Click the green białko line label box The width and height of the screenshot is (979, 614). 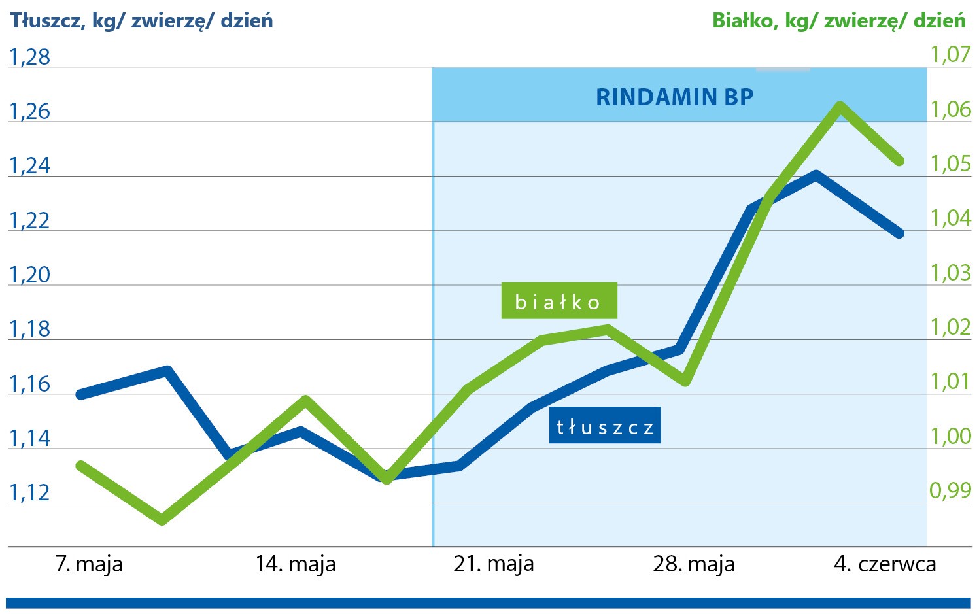click(558, 301)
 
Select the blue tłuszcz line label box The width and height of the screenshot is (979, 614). click(604, 426)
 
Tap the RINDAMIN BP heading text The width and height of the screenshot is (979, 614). click(674, 97)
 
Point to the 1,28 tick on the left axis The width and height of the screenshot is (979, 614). click(29, 58)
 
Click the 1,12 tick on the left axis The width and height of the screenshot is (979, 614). click(29, 492)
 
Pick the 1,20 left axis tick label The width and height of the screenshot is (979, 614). click(29, 275)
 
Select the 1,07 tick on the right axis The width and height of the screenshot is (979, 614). click(950, 54)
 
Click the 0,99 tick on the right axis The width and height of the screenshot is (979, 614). click(950, 490)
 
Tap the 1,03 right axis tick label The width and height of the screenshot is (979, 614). click(950, 273)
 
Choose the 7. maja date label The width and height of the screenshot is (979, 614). click(89, 564)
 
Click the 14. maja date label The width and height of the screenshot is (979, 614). click(296, 564)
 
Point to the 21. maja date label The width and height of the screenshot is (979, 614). click(494, 564)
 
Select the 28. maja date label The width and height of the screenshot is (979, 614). click(694, 564)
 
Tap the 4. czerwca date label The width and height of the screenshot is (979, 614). click(885, 564)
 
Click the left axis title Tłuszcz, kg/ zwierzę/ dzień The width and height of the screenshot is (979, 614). click(141, 21)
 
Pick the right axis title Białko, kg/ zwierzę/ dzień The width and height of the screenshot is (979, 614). click(838, 21)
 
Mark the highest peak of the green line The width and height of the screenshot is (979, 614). click(840, 106)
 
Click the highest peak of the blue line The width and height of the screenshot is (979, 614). click(816, 174)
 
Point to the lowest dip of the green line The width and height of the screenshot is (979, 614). click(162, 520)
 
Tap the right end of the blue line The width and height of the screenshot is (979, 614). click(900, 233)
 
